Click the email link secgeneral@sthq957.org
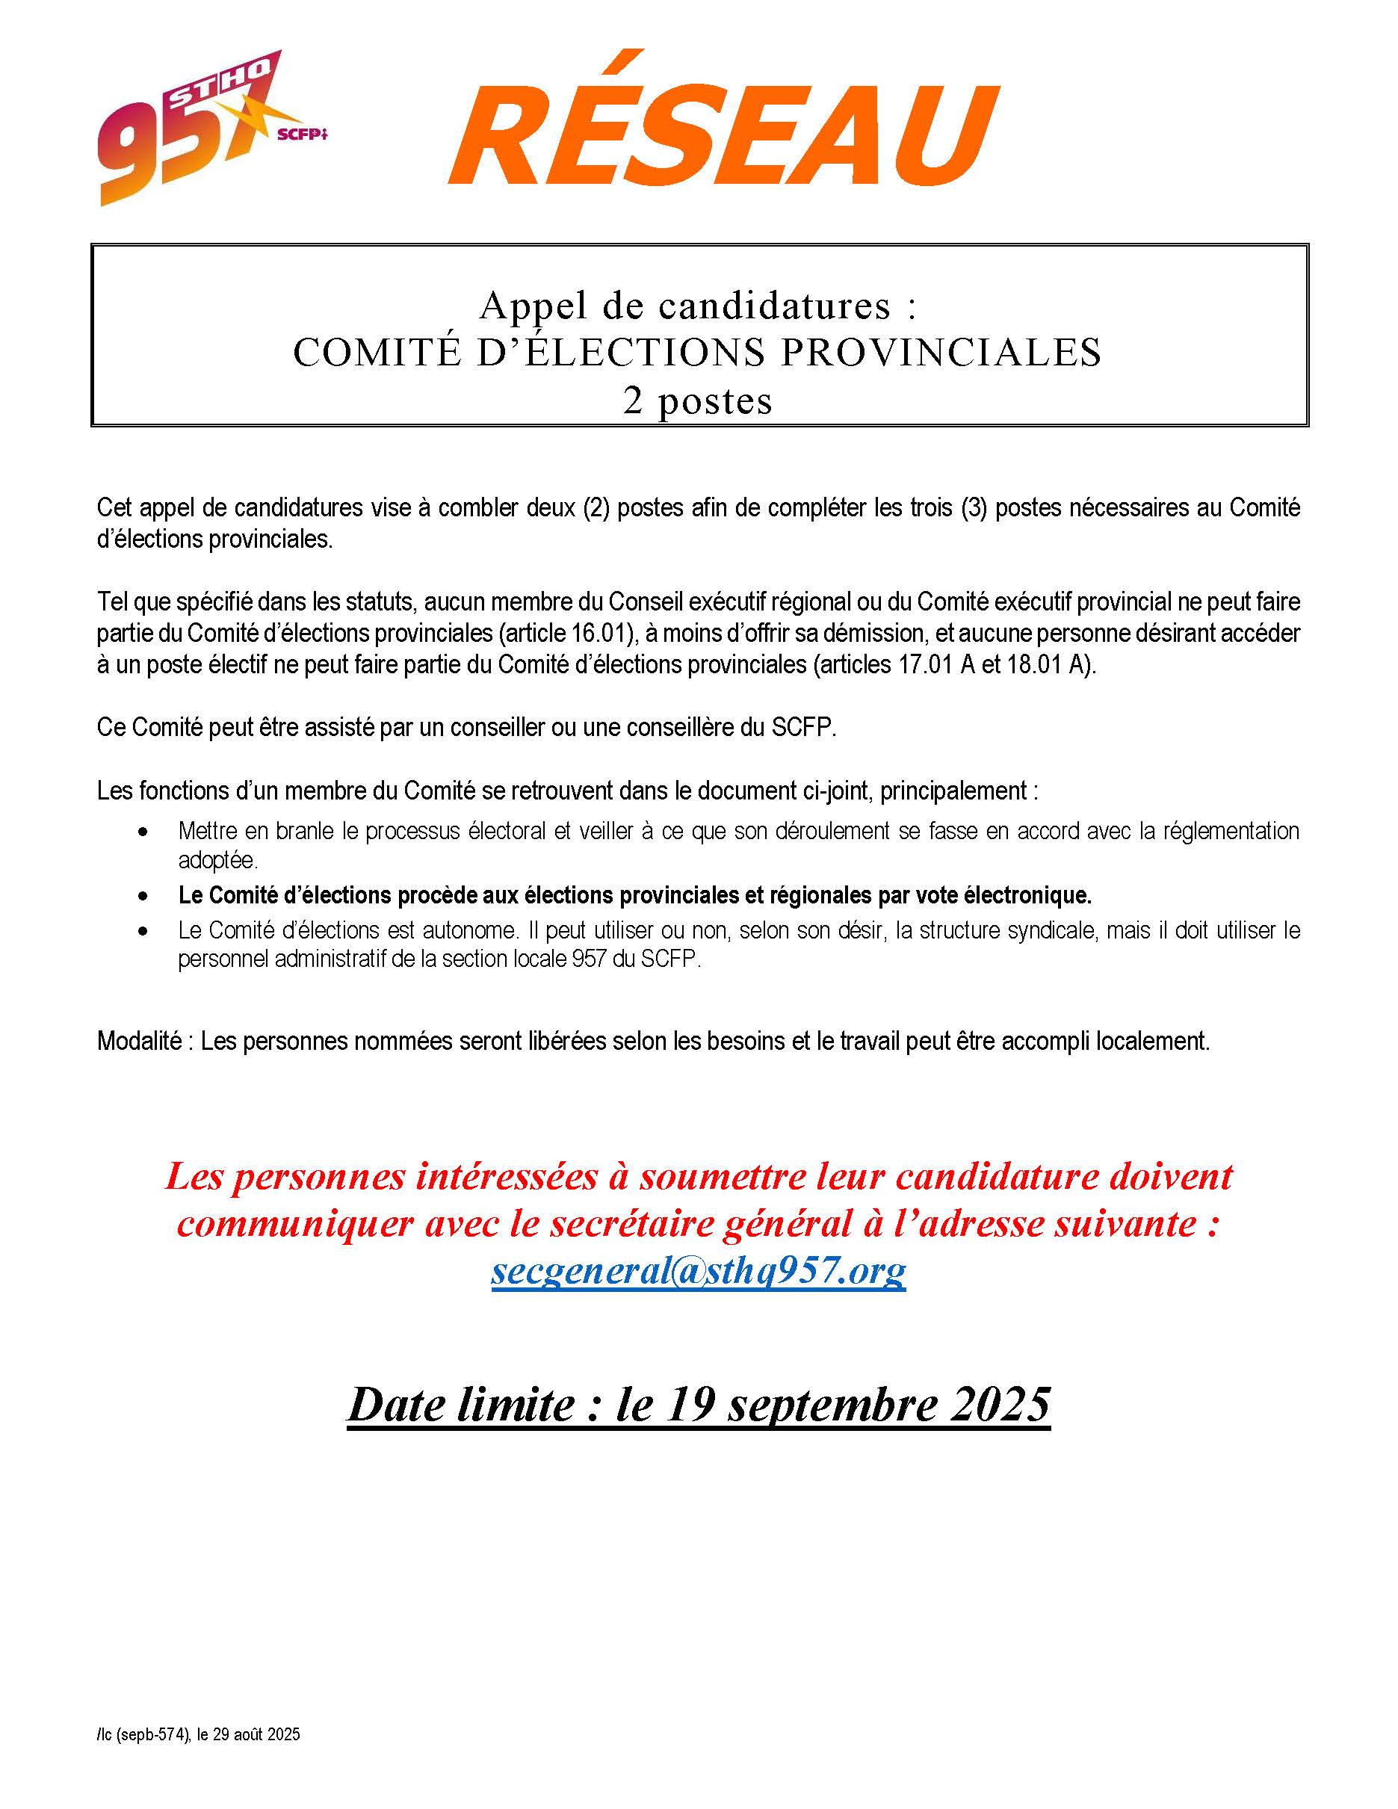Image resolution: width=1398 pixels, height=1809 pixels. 698,1270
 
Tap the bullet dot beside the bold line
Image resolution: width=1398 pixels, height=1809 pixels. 145,896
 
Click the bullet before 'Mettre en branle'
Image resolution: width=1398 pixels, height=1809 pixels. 145,831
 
